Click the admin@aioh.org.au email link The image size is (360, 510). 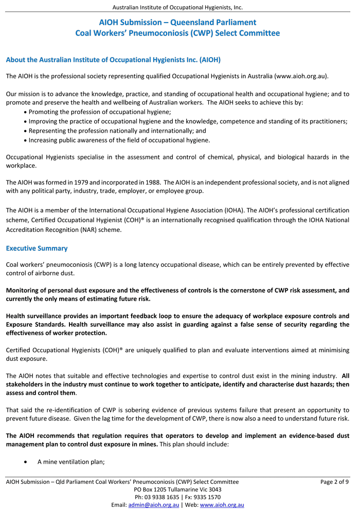[153, 505]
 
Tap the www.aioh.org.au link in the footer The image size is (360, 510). [222, 505]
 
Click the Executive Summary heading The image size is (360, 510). [37, 248]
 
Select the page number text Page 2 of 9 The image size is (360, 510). [334, 482]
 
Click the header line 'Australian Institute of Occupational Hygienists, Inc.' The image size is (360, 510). [177, 7]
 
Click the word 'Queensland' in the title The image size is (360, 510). [196, 22]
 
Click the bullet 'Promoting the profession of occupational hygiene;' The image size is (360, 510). [100, 112]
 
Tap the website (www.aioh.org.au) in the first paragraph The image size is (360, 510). [301, 76]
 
